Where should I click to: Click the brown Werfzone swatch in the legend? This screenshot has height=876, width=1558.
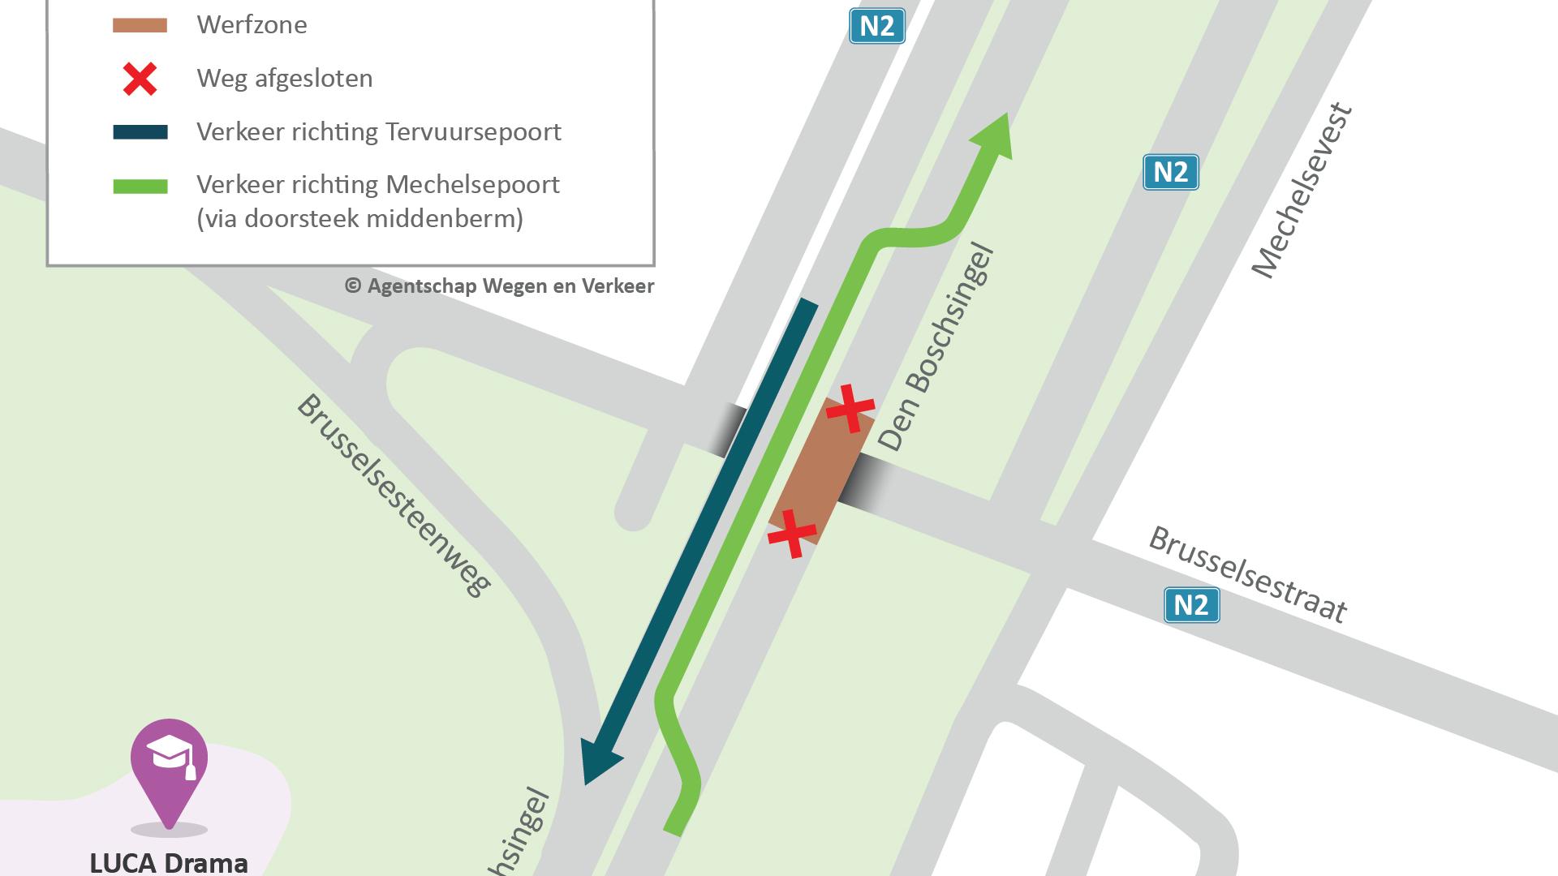point(140,25)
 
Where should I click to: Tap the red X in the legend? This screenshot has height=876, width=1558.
point(140,79)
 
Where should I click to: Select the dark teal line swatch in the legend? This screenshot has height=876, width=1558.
point(140,132)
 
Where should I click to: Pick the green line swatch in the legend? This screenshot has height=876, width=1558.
point(140,186)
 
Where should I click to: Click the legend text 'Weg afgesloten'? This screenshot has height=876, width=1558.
point(285,79)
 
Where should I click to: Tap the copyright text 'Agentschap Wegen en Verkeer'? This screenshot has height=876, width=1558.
point(510,286)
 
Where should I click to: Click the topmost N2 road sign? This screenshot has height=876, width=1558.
point(876,26)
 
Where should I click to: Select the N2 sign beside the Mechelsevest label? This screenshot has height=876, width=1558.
point(1170,172)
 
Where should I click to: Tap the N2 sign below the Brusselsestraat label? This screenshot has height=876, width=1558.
point(1191,605)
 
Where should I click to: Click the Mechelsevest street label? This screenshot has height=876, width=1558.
point(1302,191)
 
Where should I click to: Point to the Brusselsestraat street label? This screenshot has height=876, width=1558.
point(1248,574)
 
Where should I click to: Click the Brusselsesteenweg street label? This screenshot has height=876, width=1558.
point(394,495)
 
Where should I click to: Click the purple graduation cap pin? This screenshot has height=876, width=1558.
point(169,762)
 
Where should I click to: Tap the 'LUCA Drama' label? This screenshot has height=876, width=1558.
point(169,861)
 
